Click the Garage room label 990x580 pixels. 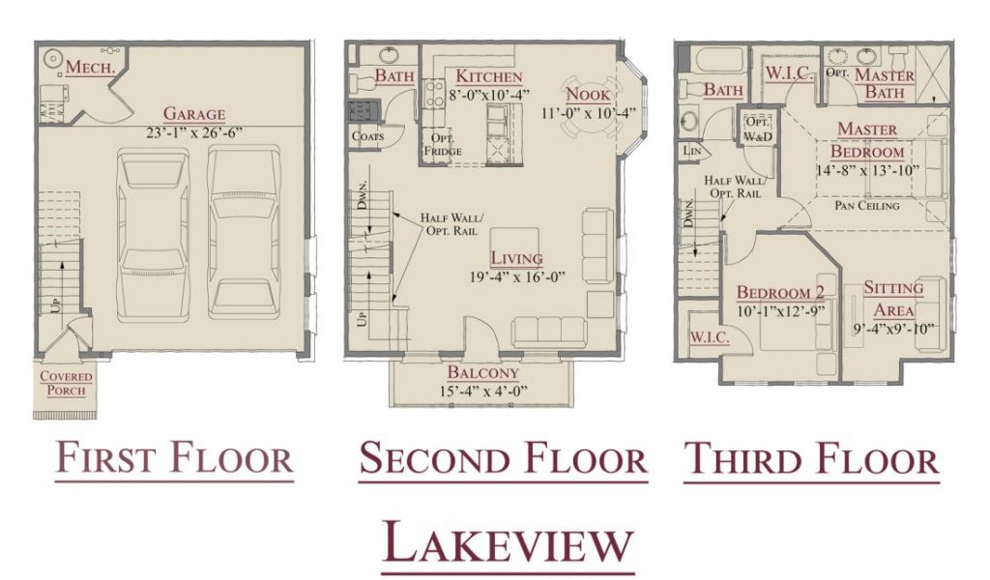click(x=193, y=114)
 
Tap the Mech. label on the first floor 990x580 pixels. click(x=90, y=67)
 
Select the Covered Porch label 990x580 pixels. click(x=66, y=383)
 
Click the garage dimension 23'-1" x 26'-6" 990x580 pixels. click(x=193, y=133)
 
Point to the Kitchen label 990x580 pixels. click(x=489, y=76)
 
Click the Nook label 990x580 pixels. click(x=588, y=95)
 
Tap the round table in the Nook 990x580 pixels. click(x=589, y=108)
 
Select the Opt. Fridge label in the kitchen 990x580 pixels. click(x=443, y=145)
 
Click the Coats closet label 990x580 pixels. click(x=367, y=135)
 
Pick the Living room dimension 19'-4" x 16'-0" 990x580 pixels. click(x=516, y=277)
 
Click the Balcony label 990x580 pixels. click(x=483, y=372)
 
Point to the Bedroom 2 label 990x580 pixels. click(x=780, y=293)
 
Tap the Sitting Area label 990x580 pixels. click(x=893, y=299)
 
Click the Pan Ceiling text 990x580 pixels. click(x=867, y=206)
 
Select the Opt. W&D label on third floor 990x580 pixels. click(x=758, y=129)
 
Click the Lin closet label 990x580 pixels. click(x=692, y=151)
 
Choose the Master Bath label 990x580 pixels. click(x=884, y=84)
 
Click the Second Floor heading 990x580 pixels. click(x=503, y=459)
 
